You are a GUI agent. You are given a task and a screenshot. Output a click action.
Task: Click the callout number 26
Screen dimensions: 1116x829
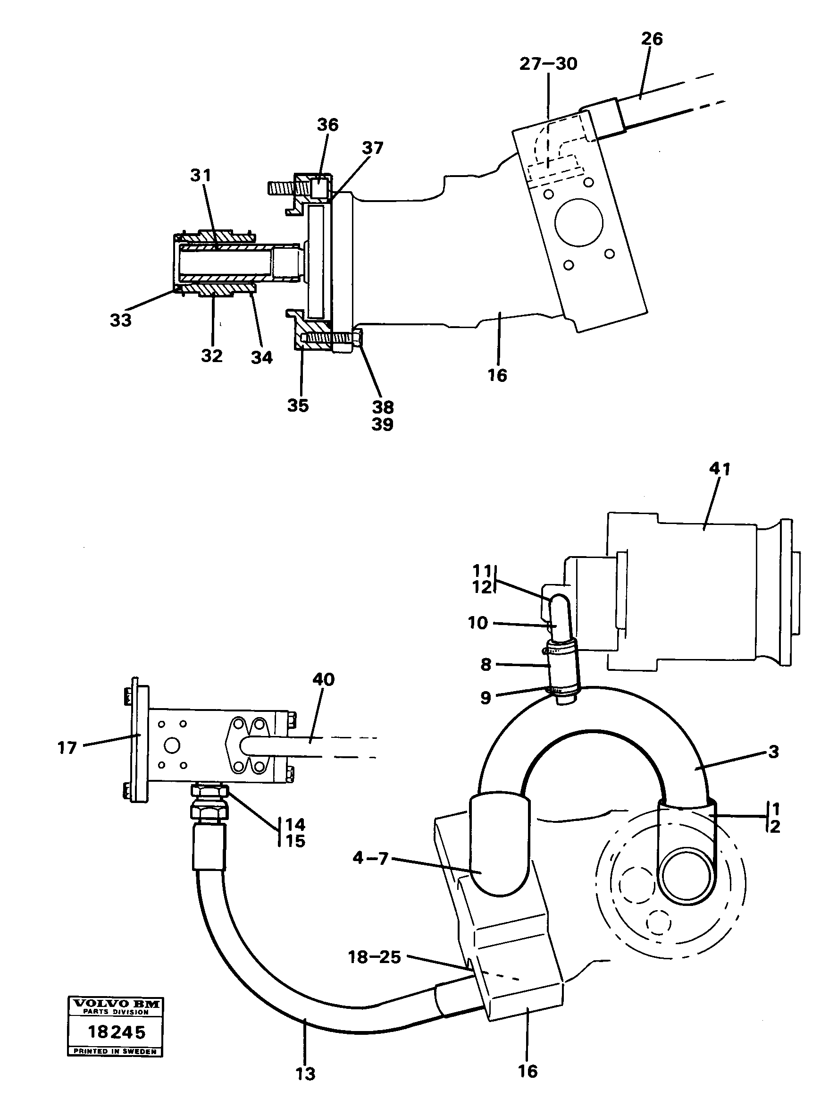coord(652,39)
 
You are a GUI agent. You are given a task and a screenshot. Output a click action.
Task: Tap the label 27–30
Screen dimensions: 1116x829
coord(548,64)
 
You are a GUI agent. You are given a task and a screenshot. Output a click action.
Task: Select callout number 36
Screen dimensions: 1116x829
coord(328,125)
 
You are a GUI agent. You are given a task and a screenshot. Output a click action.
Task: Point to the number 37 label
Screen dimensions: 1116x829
coord(372,148)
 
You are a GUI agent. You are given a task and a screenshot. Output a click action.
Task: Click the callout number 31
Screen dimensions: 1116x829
coord(201,175)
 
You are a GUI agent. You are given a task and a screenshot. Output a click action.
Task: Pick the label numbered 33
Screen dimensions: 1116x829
coord(121,320)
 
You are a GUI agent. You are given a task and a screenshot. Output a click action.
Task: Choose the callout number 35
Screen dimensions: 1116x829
coord(298,405)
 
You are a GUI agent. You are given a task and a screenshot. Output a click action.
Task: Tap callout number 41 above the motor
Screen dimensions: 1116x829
coord(720,468)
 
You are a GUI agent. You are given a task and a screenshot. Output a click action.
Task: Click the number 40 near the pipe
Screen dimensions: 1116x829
coord(323,680)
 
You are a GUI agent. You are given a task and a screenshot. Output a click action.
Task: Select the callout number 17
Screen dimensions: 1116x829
coord(67,748)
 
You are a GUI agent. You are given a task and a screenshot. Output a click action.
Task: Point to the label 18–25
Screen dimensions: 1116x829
coord(374,957)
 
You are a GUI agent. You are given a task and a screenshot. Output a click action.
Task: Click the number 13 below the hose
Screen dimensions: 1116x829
coord(305,1074)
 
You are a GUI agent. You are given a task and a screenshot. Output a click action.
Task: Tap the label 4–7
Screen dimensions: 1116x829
coord(370,858)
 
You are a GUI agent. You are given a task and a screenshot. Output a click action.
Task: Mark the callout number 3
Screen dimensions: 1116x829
coord(773,752)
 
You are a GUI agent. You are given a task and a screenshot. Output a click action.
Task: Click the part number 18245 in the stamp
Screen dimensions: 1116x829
coord(117,1031)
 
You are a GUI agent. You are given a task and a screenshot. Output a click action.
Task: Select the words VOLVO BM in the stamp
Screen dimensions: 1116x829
coord(116,1004)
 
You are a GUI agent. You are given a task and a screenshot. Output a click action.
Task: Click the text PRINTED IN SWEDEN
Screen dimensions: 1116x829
coord(115,1051)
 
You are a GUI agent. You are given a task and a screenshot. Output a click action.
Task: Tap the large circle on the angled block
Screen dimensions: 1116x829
coord(579,222)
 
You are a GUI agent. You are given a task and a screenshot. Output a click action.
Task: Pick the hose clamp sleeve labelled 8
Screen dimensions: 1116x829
coord(561,668)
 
